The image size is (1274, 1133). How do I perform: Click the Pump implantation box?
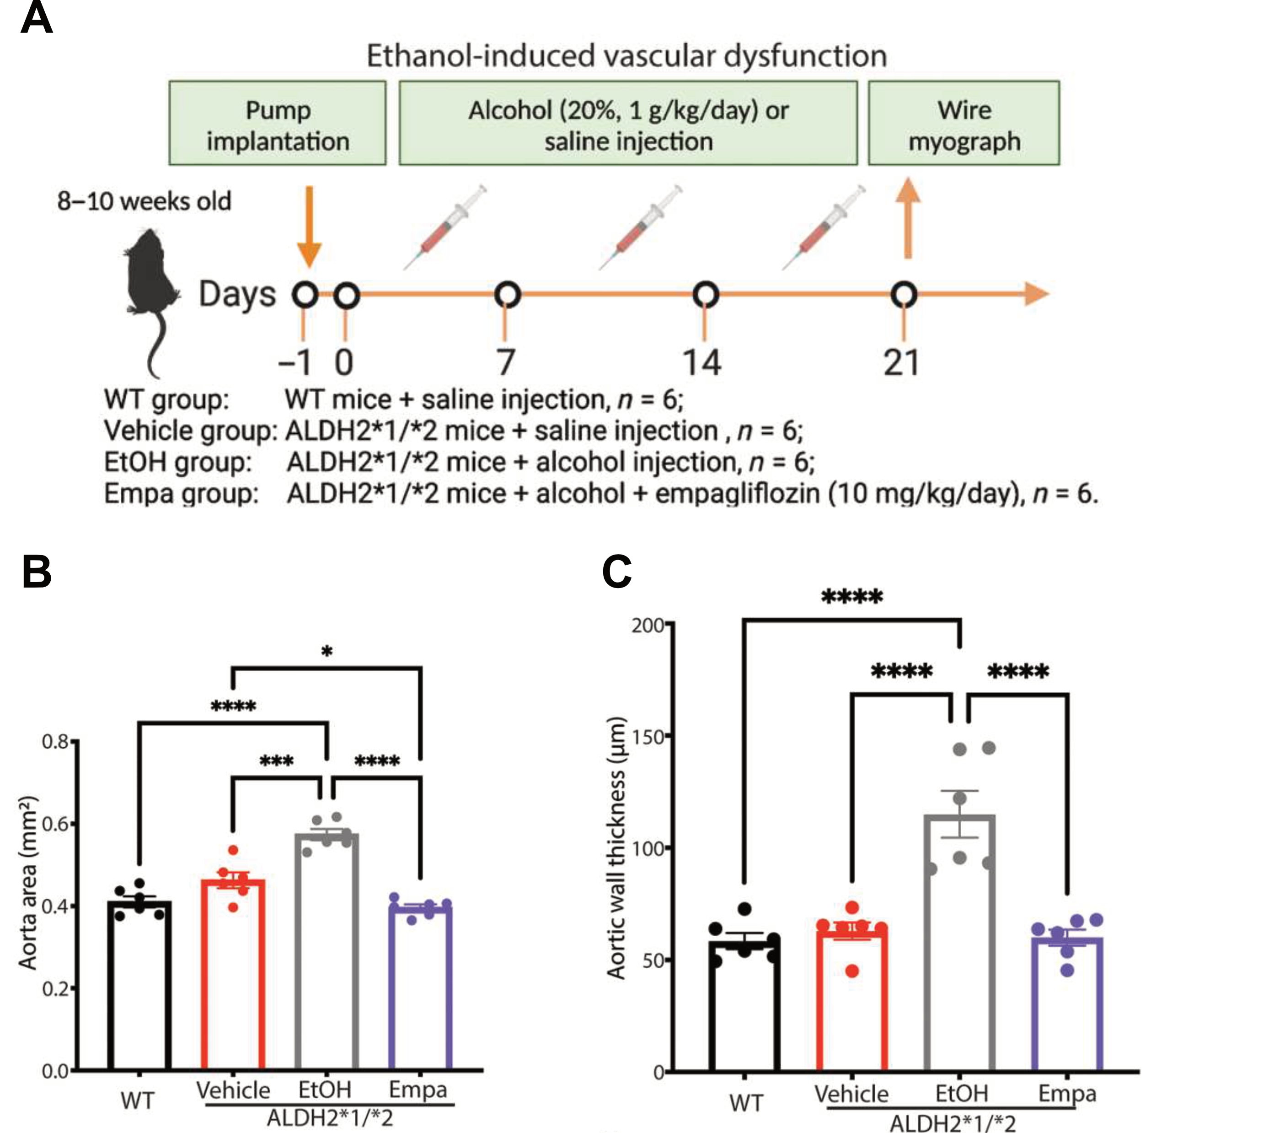pyautogui.click(x=278, y=124)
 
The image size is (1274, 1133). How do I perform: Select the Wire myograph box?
pyautogui.click(x=964, y=124)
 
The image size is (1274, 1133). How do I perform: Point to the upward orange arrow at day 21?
pyautogui.click(x=908, y=218)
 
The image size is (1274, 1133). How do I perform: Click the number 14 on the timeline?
pyautogui.click(x=702, y=362)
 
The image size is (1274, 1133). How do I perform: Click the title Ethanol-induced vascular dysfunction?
pyautogui.click(x=626, y=56)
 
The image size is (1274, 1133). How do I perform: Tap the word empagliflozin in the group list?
pyautogui.click(x=737, y=493)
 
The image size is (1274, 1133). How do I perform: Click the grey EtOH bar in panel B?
pyautogui.click(x=327, y=954)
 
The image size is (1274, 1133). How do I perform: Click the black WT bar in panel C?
pyautogui.click(x=744, y=1007)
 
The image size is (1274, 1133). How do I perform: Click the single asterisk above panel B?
pyautogui.click(x=327, y=652)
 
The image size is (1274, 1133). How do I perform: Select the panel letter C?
pyautogui.click(x=616, y=572)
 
